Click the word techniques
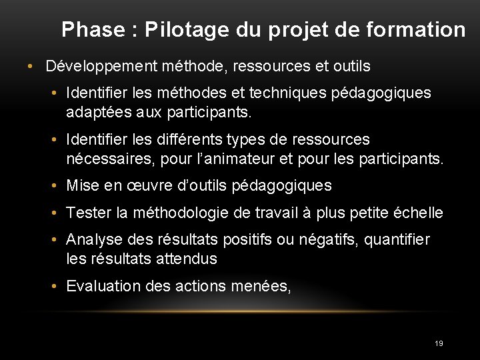click(289, 93)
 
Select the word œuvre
click(145, 186)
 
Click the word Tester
click(89, 213)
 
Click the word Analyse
click(93, 239)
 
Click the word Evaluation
click(104, 286)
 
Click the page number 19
click(438, 343)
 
